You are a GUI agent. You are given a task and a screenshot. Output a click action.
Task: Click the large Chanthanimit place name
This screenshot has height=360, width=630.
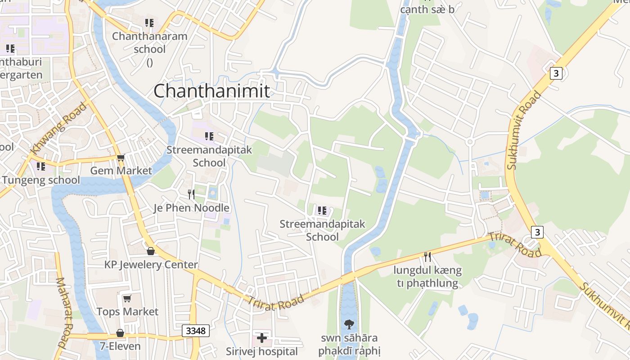pyautogui.click(x=212, y=91)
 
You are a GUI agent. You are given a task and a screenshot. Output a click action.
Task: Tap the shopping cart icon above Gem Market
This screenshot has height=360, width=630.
pyautogui.click(x=121, y=157)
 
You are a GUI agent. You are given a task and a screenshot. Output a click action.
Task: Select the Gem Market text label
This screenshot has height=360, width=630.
pyautogui.click(x=121, y=171)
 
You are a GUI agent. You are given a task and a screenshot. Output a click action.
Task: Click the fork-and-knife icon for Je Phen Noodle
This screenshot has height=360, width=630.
pyautogui.click(x=191, y=194)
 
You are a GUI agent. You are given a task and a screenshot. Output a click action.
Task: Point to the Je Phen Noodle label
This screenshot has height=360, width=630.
pyautogui.click(x=191, y=208)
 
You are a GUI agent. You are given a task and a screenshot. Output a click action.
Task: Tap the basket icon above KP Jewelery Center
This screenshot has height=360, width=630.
pyautogui.click(x=151, y=251)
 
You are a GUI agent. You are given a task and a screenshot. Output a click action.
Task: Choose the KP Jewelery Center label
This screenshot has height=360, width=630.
pyautogui.click(x=151, y=265)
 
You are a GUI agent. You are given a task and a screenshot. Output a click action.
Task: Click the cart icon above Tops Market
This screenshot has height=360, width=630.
pyautogui.click(x=127, y=298)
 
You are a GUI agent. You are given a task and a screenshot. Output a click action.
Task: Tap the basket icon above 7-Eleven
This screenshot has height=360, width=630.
pyautogui.click(x=120, y=333)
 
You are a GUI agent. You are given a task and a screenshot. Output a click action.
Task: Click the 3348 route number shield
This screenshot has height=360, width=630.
pyautogui.click(x=196, y=331)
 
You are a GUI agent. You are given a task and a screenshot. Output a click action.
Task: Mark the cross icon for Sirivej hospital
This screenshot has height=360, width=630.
pyautogui.click(x=262, y=337)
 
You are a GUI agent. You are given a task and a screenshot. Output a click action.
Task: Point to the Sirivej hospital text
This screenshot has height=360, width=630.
pyautogui.click(x=262, y=351)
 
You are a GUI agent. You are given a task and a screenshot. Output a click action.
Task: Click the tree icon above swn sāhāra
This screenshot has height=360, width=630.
pyautogui.click(x=349, y=324)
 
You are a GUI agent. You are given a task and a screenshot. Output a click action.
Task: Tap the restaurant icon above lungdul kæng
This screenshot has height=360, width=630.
pyautogui.click(x=427, y=257)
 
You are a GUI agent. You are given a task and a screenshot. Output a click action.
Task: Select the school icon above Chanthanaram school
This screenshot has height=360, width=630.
pyautogui.click(x=149, y=22)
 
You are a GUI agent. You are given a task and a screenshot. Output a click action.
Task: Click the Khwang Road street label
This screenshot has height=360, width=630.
pyautogui.click(x=58, y=128)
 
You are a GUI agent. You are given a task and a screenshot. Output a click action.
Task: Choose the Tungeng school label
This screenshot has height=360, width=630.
pyautogui.click(x=41, y=180)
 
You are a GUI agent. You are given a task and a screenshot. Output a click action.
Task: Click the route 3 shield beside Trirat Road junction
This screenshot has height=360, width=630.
pyautogui.click(x=537, y=232)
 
